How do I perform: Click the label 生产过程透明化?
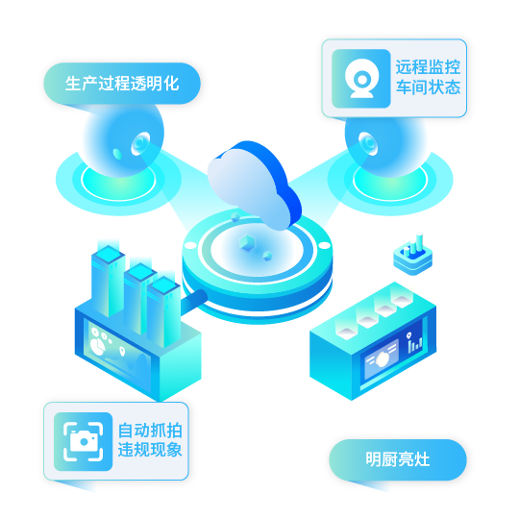coord(122,84)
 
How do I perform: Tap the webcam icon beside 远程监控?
coord(361,79)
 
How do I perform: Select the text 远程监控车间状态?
coord(428,77)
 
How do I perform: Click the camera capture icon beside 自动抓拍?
coord(83,441)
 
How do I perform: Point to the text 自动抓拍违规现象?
coord(150,440)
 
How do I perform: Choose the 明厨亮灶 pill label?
coord(398,459)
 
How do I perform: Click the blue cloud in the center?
coord(254,185)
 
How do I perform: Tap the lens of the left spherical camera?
coord(140,143)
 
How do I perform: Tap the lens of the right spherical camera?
coord(368,143)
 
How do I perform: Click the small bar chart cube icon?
coord(413,256)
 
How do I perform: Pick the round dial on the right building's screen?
coord(382,358)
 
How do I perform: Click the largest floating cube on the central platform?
coord(247,242)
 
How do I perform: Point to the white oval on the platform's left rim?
coord(190,245)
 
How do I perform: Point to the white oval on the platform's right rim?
coord(324,245)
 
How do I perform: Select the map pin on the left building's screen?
coord(122,351)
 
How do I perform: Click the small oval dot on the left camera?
coord(117,154)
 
